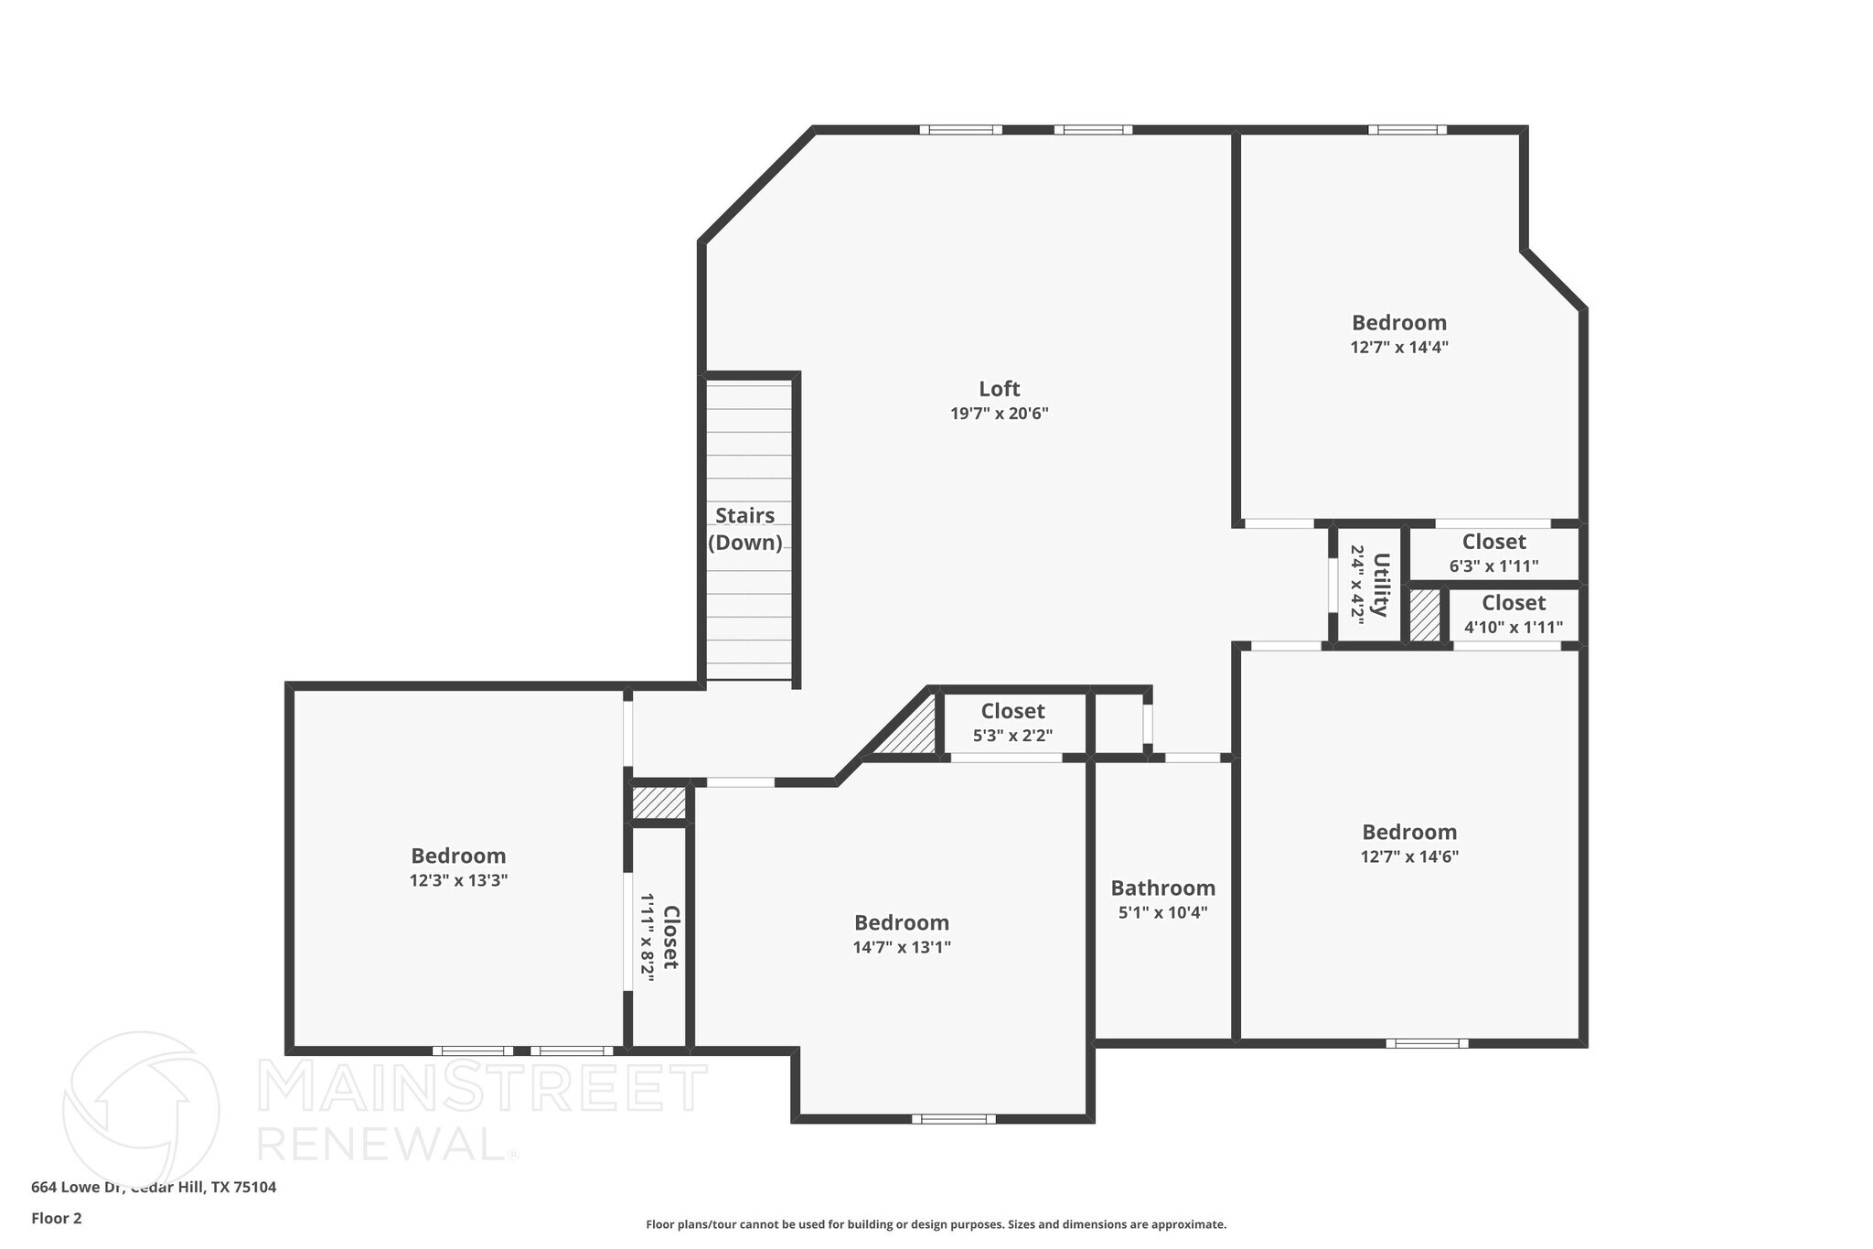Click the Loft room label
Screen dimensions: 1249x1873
[x=999, y=389]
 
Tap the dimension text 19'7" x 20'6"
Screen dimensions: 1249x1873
[x=999, y=414]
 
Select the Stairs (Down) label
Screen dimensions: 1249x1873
[x=745, y=529]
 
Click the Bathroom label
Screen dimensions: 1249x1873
[x=1162, y=888]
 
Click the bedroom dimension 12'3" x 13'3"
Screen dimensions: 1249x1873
[x=458, y=880]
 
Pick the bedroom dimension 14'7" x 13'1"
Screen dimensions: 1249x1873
[x=902, y=947]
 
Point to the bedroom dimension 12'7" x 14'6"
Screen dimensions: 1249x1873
[x=1409, y=856]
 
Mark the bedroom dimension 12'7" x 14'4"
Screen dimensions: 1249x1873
[x=1399, y=348]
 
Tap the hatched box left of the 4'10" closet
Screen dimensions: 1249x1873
[x=1424, y=615]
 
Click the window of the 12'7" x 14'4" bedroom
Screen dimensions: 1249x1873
[x=1407, y=130]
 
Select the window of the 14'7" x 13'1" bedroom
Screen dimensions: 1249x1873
[x=953, y=1118]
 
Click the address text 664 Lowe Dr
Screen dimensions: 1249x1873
[x=77, y=1187]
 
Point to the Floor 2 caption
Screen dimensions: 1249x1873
[x=57, y=1218]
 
